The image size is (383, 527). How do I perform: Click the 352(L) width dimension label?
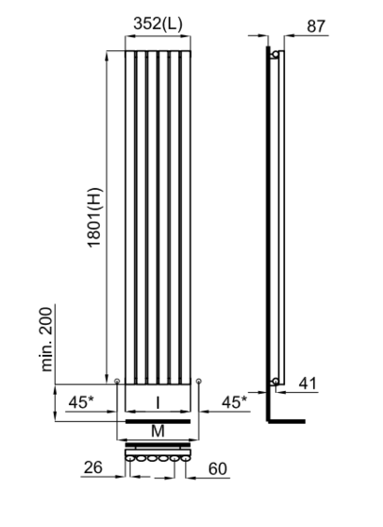click(x=157, y=23)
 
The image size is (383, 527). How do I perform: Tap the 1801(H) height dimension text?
click(x=94, y=218)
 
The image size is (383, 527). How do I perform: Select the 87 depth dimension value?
click(x=316, y=26)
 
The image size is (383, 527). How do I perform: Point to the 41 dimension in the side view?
click(x=308, y=384)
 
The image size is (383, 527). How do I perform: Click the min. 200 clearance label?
click(x=47, y=340)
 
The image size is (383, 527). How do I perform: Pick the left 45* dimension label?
click(x=81, y=402)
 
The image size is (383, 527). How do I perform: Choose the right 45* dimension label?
click(x=234, y=402)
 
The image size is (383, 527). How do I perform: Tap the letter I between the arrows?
click(x=157, y=402)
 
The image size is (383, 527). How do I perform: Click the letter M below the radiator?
click(x=157, y=431)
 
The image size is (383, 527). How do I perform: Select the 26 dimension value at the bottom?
click(x=93, y=467)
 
